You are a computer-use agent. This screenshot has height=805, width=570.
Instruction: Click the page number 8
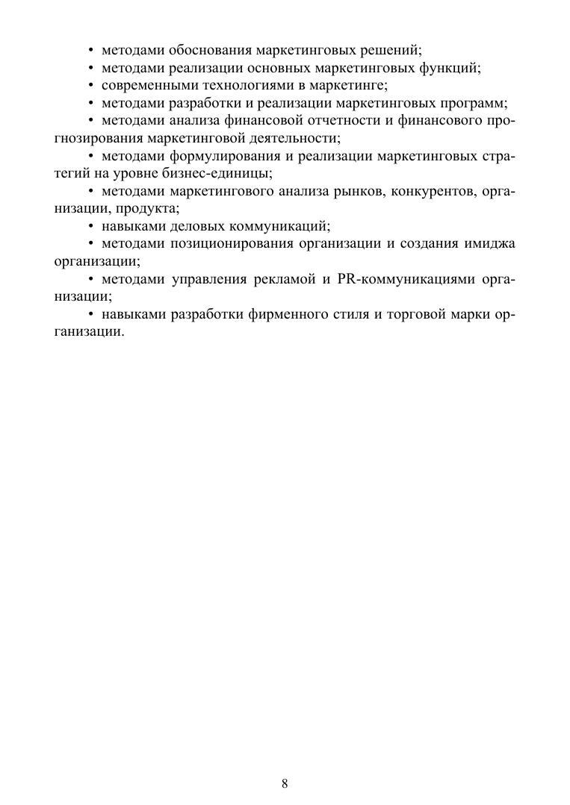pos(285,783)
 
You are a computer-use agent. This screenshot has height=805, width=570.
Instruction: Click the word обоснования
pos(211,51)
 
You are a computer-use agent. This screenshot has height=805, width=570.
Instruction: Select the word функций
pos(452,68)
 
